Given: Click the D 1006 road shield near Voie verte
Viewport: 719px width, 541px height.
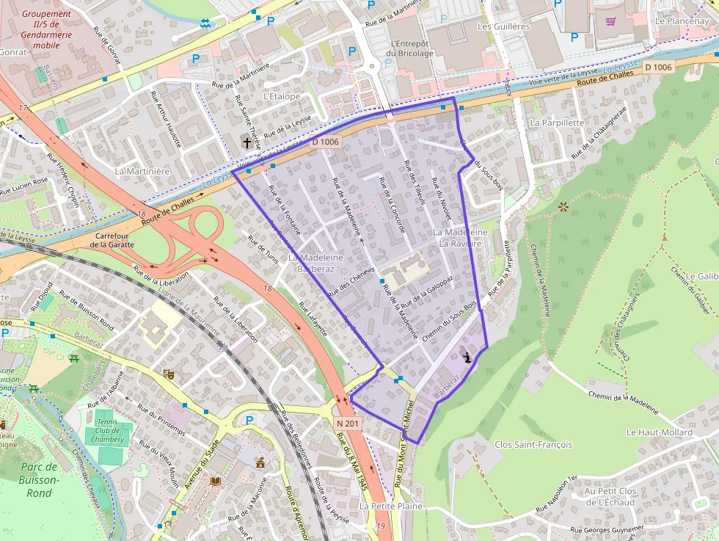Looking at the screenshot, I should click(x=657, y=67).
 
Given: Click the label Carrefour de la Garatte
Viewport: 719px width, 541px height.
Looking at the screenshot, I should click(x=112, y=239).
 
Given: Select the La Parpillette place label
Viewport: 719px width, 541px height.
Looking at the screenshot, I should click(x=557, y=123).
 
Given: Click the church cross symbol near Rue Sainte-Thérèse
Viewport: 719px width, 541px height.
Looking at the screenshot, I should click(x=247, y=142).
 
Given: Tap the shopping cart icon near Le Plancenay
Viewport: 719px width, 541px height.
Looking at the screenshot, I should click(x=610, y=21).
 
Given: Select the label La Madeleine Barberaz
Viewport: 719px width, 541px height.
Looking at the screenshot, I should click(x=315, y=264).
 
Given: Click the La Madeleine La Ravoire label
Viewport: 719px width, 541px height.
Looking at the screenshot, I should click(x=461, y=237).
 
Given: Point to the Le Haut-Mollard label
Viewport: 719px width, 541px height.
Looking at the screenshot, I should click(x=659, y=432).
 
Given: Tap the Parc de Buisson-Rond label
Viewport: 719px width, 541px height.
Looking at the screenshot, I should click(x=39, y=480).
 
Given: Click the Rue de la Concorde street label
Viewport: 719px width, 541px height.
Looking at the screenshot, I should click(x=395, y=206).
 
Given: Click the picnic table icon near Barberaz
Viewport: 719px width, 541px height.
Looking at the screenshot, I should click(x=73, y=358).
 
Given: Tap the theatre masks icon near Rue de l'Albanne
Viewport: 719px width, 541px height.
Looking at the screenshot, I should click(x=168, y=373).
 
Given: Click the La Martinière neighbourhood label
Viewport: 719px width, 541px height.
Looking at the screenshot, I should click(x=142, y=171).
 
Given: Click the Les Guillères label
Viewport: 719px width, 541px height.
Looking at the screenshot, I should click(x=503, y=26).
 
